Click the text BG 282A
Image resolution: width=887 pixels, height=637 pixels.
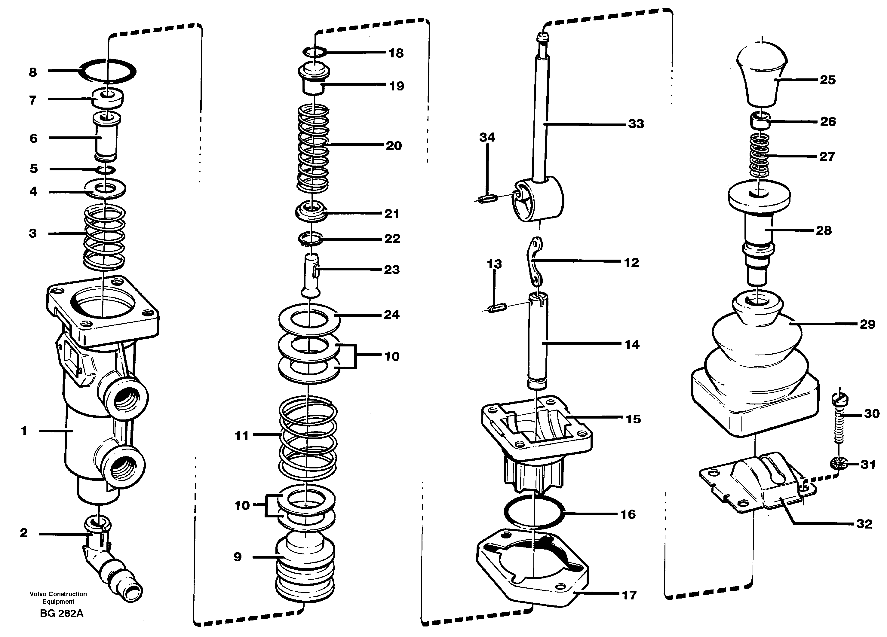pyautogui.click(x=61, y=613)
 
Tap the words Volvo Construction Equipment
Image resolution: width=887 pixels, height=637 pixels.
pyautogui.click(x=58, y=598)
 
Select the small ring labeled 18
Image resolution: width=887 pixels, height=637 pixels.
pyautogui.click(x=315, y=52)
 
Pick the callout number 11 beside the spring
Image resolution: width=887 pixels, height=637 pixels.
pyautogui.click(x=241, y=435)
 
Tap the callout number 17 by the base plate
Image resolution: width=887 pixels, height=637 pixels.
pyautogui.click(x=629, y=595)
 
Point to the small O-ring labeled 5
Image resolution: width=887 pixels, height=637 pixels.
pyautogui.click(x=106, y=169)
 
